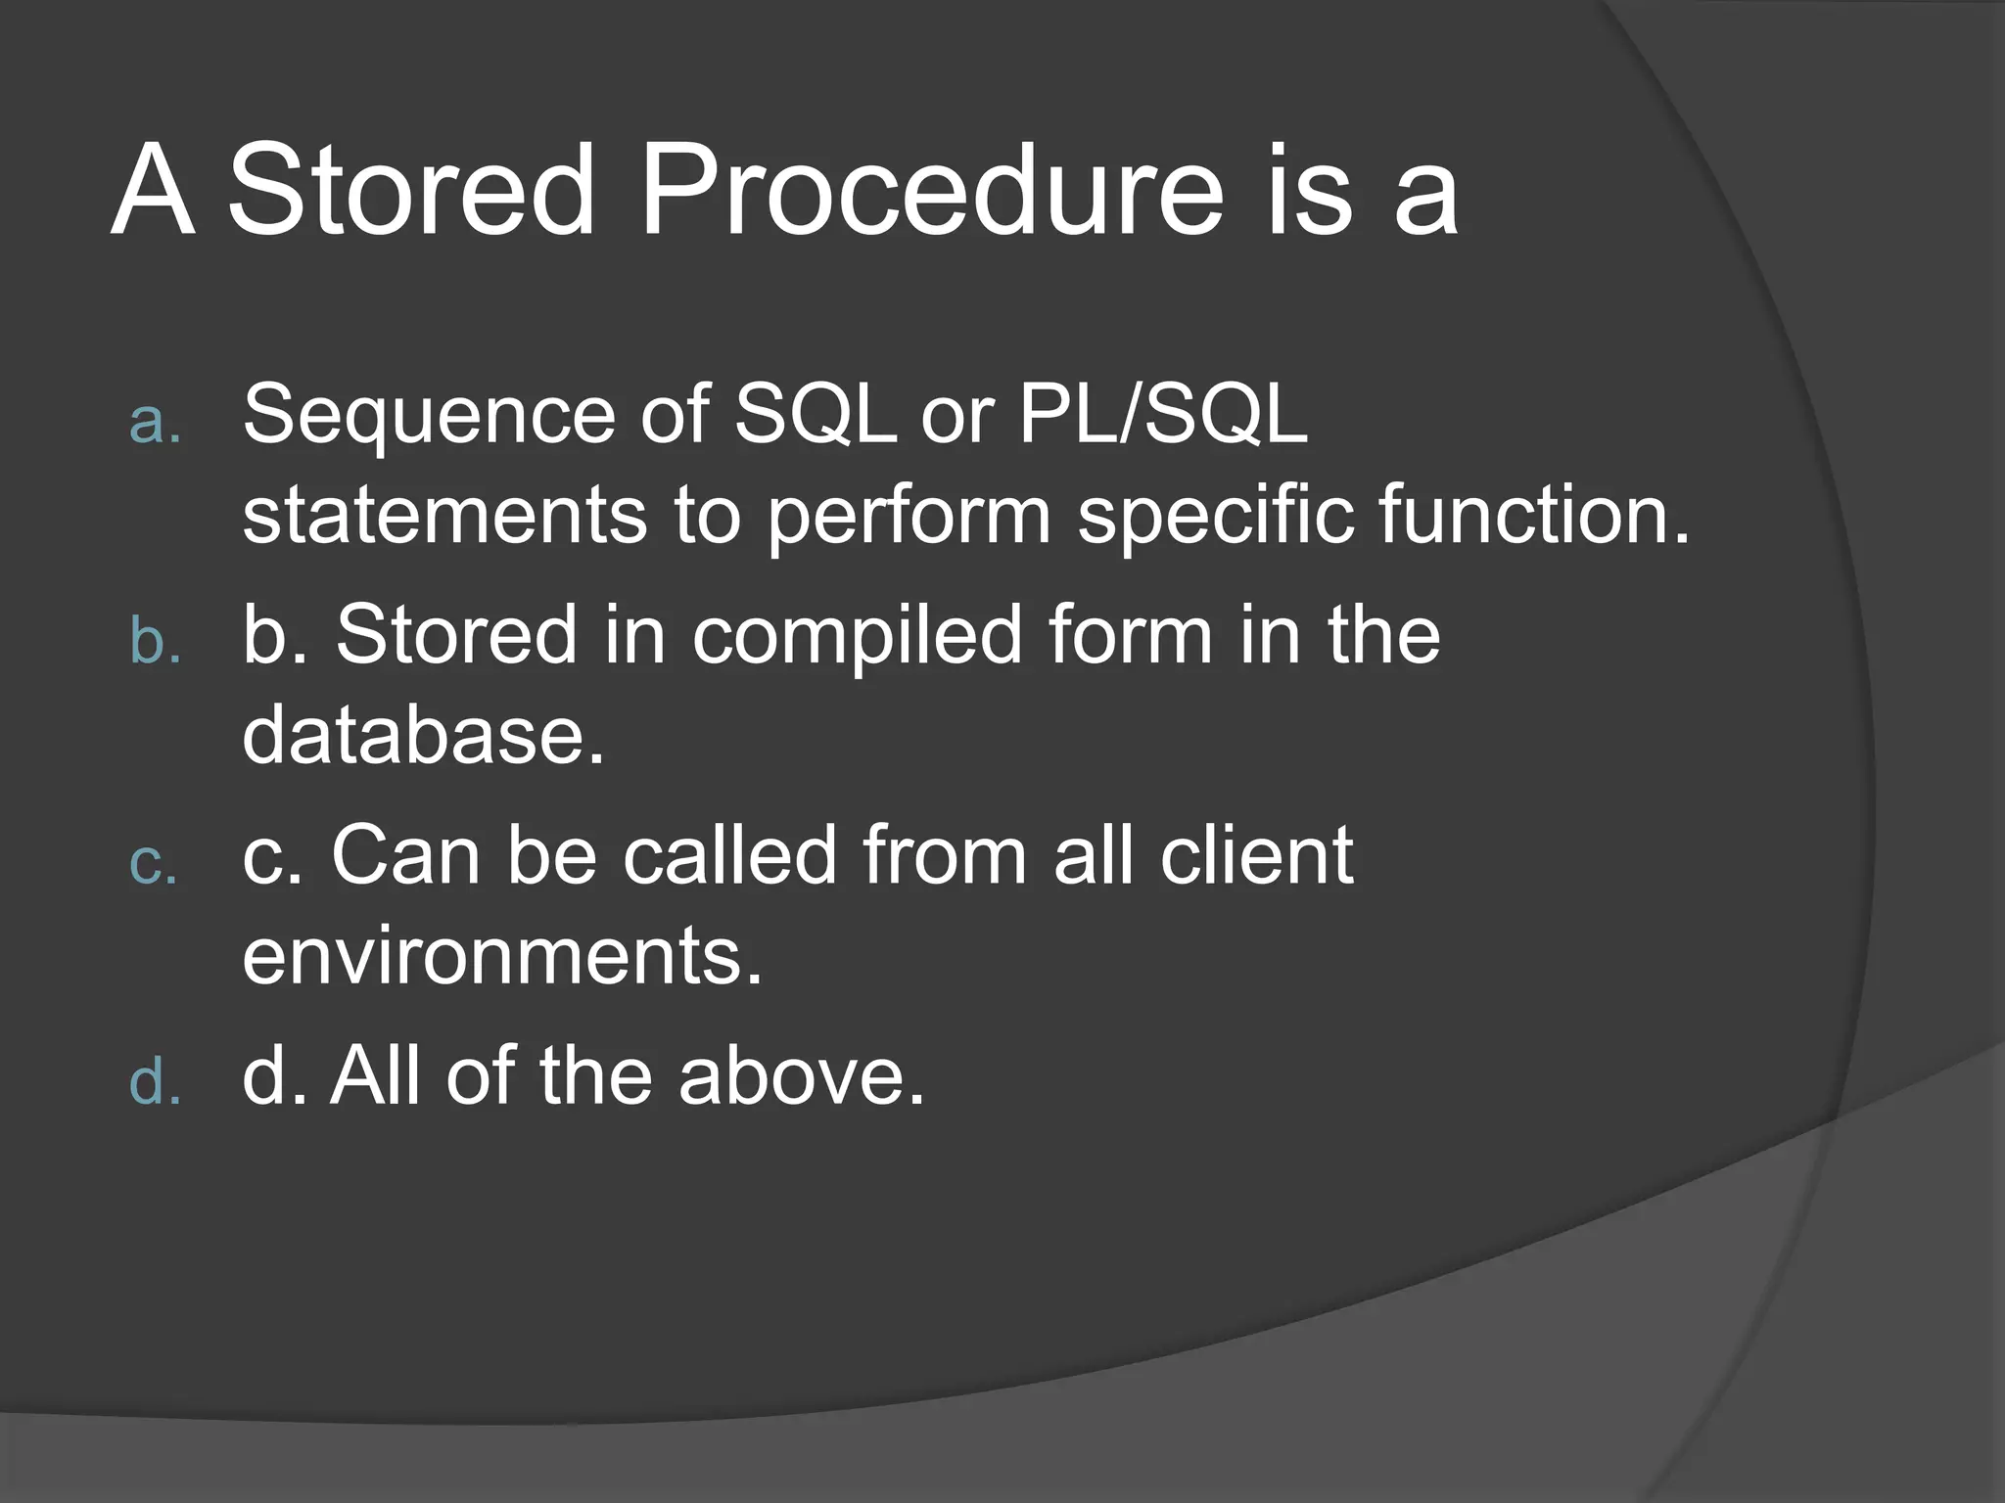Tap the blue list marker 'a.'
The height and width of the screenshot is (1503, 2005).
156,423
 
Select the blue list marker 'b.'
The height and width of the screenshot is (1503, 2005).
156,643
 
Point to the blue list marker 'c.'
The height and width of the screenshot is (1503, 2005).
154,864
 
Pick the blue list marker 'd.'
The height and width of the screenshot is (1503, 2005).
156,1083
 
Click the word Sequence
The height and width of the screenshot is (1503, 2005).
427,416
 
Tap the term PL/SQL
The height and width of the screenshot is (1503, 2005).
1162,414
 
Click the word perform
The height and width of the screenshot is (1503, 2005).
908,519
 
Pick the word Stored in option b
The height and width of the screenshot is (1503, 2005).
456,635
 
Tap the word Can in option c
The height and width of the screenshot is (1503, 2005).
405,856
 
